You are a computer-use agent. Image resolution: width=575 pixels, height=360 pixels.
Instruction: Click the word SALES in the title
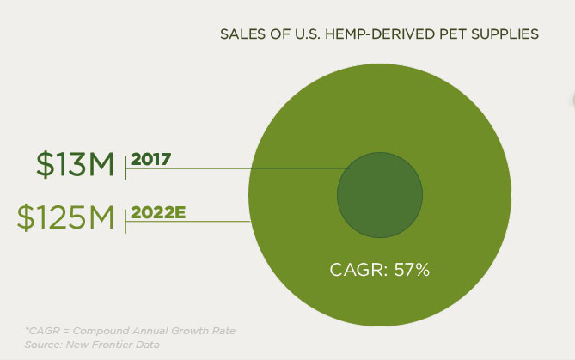pyautogui.click(x=241, y=34)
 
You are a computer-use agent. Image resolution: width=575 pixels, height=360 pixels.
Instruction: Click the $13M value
pyautogui.click(x=75, y=163)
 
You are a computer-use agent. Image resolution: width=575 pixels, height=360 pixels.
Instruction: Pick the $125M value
pyautogui.click(x=65, y=217)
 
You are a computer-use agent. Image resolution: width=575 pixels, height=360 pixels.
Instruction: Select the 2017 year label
pyautogui.click(x=151, y=159)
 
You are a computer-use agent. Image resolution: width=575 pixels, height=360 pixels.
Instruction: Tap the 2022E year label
pyautogui.click(x=158, y=211)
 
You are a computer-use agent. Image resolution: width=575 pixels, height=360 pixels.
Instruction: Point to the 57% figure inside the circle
pyautogui.click(x=411, y=270)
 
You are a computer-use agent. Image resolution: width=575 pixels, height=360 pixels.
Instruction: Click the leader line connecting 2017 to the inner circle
pyautogui.click(x=258, y=168)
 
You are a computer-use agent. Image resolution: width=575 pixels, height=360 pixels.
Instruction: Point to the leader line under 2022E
pyautogui.click(x=189, y=221)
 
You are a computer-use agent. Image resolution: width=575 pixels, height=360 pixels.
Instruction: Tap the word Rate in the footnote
pyautogui.click(x=222, y=331)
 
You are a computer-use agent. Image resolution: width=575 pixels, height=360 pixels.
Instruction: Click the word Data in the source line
pyautogui.click(x=149, y=344)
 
